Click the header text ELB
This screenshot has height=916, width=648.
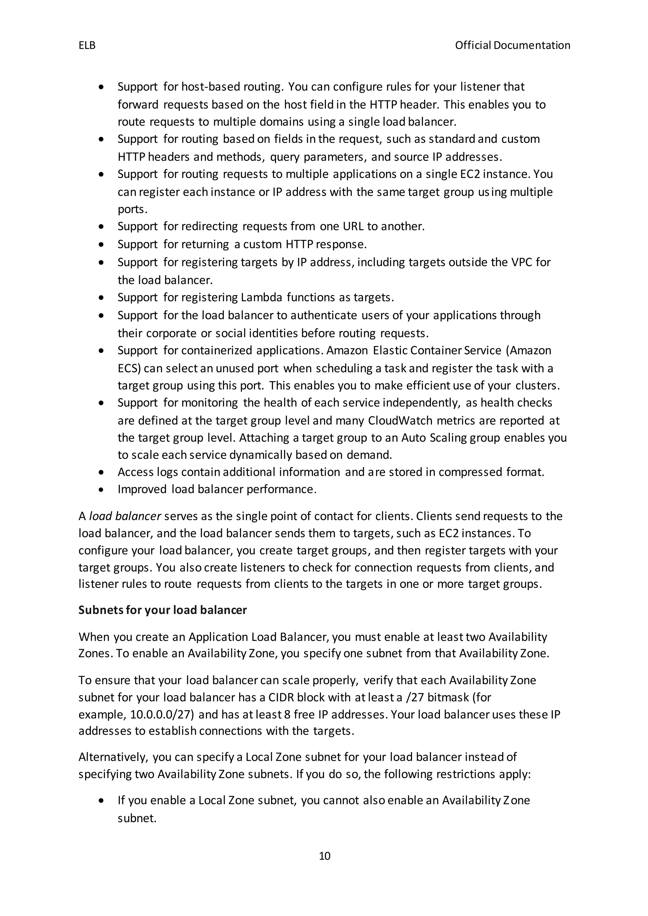87,46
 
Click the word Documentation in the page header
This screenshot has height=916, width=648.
532,46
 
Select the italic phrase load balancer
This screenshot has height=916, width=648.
125,516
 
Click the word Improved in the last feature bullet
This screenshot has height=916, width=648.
142,490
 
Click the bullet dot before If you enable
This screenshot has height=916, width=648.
102,801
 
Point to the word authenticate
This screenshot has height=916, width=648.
324,316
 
